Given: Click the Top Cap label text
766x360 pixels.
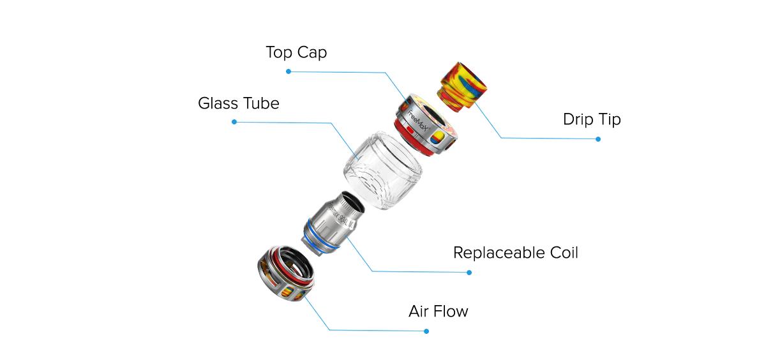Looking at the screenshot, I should point(296,52).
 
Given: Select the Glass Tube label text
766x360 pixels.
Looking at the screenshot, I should point(239,103).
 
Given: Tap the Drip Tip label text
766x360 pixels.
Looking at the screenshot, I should point(592,119).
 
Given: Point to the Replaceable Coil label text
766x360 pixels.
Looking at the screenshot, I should point(515,253).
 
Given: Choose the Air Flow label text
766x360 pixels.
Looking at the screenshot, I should point(438,311).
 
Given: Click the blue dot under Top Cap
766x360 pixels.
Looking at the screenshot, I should point(289,71).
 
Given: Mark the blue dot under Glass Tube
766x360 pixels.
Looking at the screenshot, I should point(234,121).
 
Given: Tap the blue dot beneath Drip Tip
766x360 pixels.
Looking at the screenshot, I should point(598,139).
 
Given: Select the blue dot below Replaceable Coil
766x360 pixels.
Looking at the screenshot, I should point(469,273).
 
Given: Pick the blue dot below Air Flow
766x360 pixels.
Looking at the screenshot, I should point(426,331).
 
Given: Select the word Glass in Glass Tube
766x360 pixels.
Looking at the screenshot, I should point(219,103).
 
